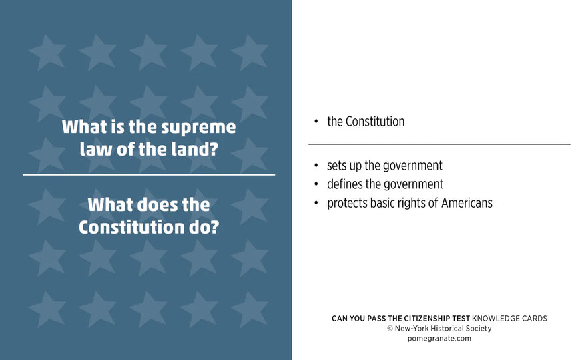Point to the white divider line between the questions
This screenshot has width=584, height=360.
click(149, 174)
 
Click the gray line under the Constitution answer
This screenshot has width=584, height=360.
click(439, 144)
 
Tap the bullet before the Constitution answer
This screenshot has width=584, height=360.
click(316, 122)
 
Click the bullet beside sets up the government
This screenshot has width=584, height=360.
click(316, 166)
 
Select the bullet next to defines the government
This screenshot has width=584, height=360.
click(316, 184)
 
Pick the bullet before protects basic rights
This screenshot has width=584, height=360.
click(316, 203)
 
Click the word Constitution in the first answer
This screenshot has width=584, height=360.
click(375, 121)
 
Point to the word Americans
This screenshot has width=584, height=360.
click(467, 203)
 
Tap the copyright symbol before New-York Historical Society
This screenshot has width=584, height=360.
click(390, 329)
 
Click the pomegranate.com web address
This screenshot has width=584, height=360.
click(439, 339)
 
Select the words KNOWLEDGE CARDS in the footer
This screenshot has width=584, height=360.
click(509, 319)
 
